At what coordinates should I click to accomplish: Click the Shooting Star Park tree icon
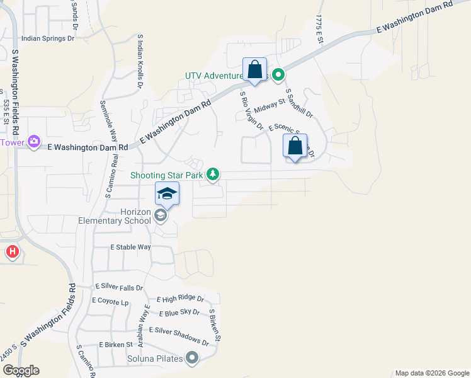[213, 173]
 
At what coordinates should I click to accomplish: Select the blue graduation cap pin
[167, 193]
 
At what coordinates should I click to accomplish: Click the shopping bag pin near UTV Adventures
[254, 69]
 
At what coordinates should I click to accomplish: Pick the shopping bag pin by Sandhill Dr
[295, 146]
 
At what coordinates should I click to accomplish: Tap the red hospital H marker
[12, 253]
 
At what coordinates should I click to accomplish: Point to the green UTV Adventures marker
[276, 76]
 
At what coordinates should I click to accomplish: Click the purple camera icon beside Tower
[34, 142]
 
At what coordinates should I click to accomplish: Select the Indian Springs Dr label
[48, 38]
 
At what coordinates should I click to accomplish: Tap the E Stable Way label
[130, 248]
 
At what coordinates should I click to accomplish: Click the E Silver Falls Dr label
[119, 287]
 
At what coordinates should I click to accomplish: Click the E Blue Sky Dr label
[179, 313]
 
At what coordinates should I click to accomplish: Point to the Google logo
[21, 370]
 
